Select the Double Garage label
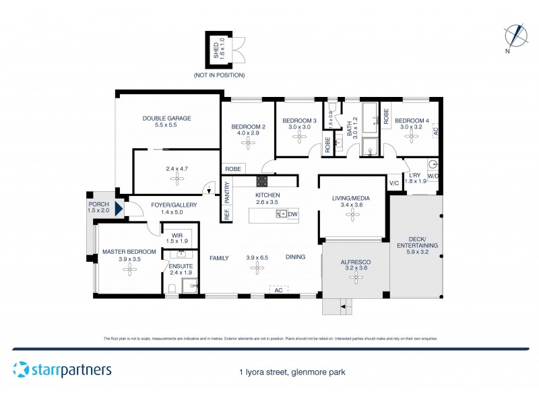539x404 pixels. coord(166,122)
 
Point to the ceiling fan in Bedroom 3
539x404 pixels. coord(298,137)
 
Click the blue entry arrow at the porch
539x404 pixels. coord(119,209)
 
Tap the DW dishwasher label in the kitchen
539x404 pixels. coord(292,214)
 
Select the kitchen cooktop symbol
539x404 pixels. coord(261,180)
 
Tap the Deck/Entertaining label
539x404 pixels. coord(414,242)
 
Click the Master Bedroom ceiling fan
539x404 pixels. coord(129,269)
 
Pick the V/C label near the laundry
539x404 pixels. coord(394,183)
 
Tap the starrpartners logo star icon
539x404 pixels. coord(21,370)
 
